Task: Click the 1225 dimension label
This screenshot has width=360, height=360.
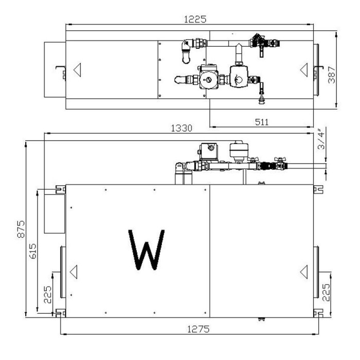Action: (x=195, y=20)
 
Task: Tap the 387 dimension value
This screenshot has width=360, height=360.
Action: (x=332, y=75)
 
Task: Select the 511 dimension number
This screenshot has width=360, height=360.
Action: (x=262, y=122)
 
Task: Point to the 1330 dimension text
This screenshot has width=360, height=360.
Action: (x=182, y=128)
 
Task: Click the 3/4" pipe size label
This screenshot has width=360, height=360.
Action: (x=321, y=140)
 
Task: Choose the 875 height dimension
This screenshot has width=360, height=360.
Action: (x=21, y=229)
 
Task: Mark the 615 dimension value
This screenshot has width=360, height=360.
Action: (x=33, y=251)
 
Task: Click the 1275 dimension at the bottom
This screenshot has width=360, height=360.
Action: (x=199, y=329)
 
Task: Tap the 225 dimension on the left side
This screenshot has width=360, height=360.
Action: (x=47, y=294)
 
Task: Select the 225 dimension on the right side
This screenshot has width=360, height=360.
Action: (x=326, y=292)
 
